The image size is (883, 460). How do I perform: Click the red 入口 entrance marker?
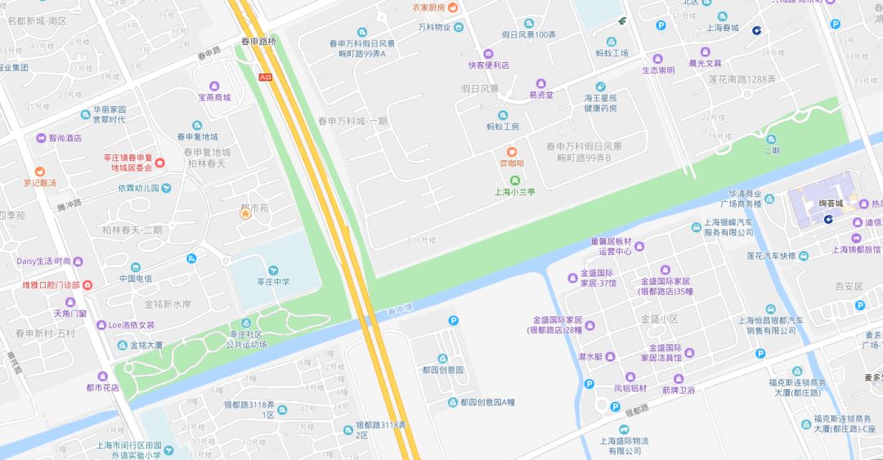pos(265,77)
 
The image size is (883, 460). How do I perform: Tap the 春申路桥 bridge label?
pos(258,40)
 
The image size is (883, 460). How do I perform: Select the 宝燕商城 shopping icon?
pos(214,86)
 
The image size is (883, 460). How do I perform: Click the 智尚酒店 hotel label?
pos(65,138)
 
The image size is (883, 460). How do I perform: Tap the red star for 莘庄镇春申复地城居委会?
pos(159,163)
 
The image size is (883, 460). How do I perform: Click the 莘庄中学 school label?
pos(273,282)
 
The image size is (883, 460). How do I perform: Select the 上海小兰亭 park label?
pos(514,192)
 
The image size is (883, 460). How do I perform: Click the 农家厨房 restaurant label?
pos(428,7)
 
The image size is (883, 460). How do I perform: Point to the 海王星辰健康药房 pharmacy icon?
pos(600,87)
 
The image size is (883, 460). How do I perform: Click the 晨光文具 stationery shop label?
pos(705,63)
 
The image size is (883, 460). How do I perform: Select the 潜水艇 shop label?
pos(589,356)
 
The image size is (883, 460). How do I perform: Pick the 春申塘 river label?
pos(400,310)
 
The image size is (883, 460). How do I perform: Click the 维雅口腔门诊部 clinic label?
pos(51,285)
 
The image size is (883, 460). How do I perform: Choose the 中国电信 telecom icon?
pos(136,267)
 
